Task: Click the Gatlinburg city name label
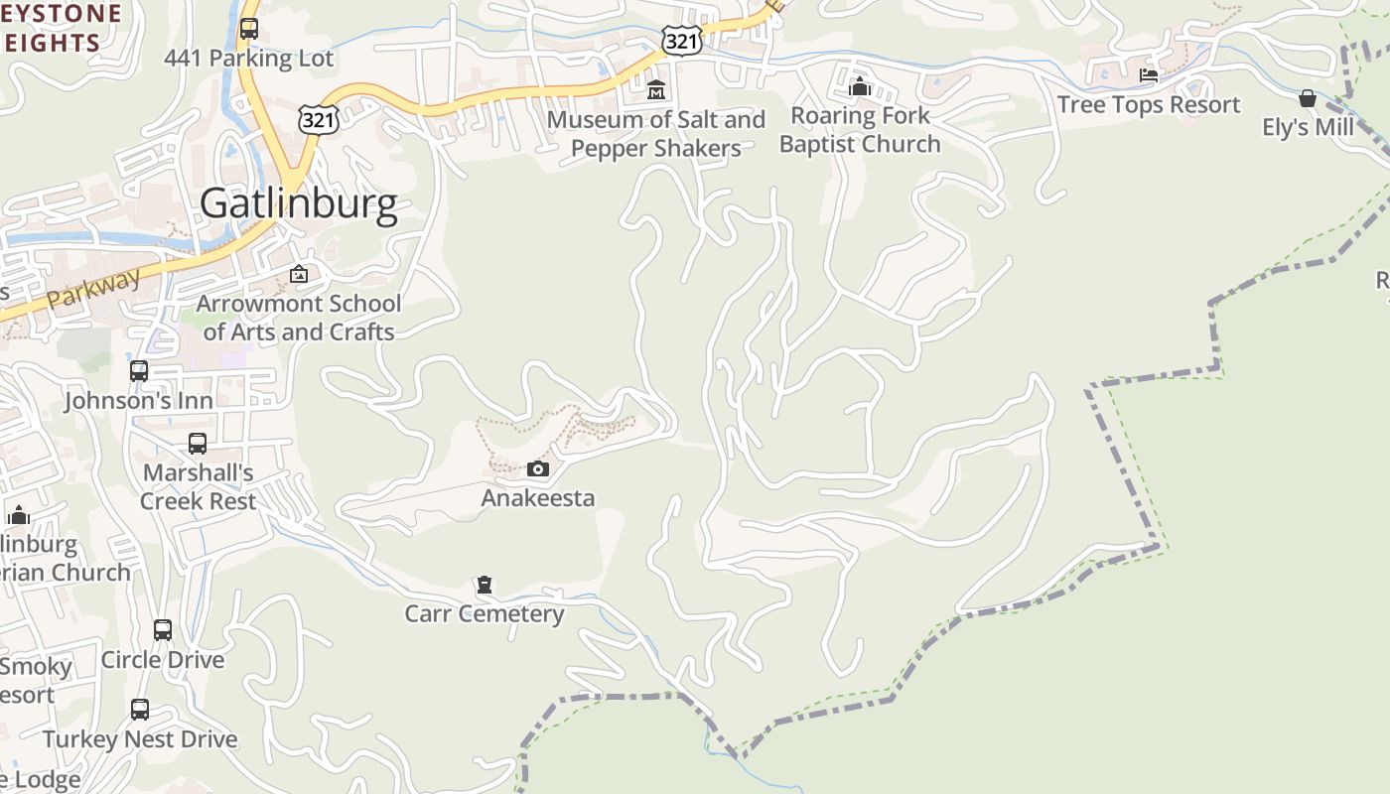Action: pos(299,203)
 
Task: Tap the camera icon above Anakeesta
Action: pos(537,468)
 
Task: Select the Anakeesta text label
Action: pos(537,497)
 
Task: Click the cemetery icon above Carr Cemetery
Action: pos(485,585)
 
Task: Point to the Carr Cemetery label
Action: pos(485,613)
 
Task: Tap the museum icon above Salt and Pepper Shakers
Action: pos(655,90)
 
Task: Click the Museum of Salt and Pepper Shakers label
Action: pos(656,134)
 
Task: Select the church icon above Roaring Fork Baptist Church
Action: pos(860,87)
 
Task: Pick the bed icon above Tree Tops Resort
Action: pos(1149,75)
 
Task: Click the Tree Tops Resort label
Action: pos(1149,104)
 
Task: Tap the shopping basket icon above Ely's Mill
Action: pos(1308,98)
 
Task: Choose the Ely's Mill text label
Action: pos(1308,127)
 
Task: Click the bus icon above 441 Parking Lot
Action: pos(249,29)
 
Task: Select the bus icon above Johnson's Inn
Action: pos(139,371)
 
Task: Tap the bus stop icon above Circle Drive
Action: pos(163,630)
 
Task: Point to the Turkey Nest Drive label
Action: pos(140,739)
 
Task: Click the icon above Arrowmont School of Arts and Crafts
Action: pos(299,274)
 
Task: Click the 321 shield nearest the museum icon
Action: pos(681,41)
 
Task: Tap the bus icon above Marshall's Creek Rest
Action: pos(198,444)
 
